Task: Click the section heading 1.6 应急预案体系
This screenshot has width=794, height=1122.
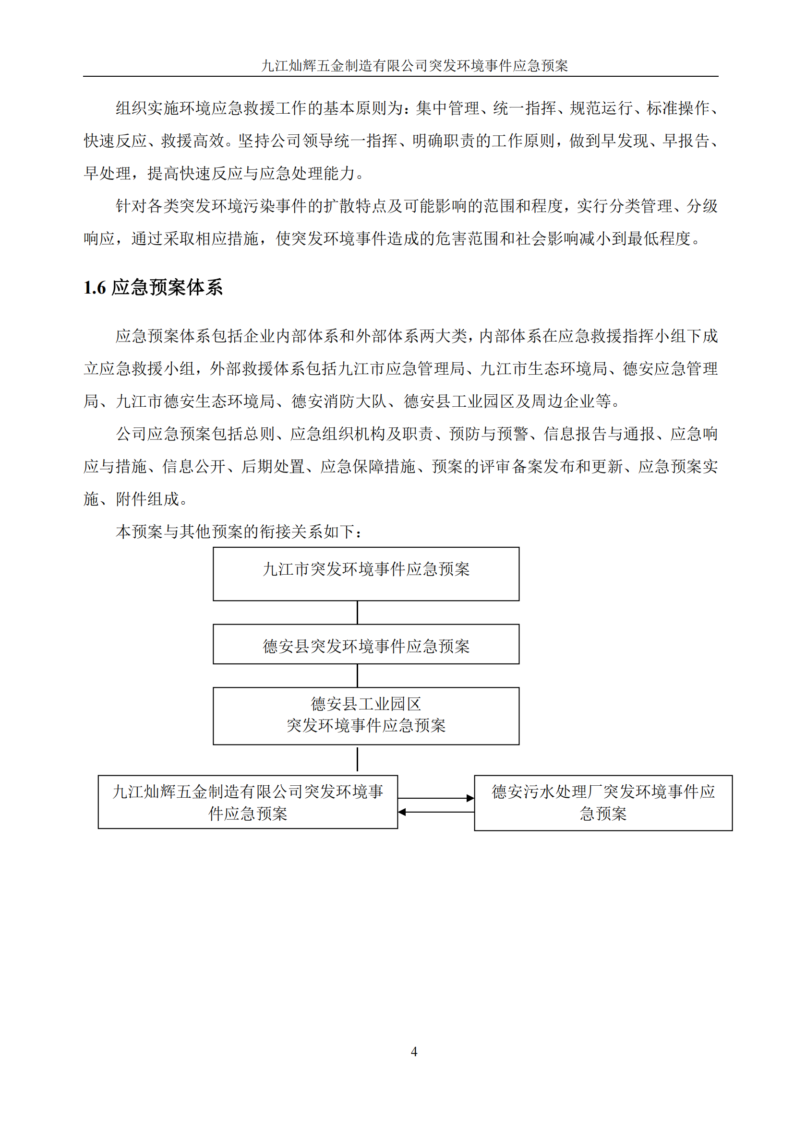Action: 153,287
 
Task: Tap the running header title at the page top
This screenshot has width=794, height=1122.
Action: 414,66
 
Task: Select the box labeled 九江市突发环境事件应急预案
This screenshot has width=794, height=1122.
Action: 366,573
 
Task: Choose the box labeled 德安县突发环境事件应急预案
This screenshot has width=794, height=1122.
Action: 366,644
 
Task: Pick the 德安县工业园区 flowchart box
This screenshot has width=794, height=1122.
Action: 366,715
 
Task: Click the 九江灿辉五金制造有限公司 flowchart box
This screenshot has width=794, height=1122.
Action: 247,802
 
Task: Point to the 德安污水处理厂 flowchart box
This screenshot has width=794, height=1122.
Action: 603,803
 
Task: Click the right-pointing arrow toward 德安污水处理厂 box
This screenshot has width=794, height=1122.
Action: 436,798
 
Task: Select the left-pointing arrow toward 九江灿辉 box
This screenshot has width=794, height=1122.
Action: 436,812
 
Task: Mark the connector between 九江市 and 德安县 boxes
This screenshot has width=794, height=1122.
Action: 358,612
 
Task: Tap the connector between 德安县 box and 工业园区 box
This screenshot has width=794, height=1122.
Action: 358,675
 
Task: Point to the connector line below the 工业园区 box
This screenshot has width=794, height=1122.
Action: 358,759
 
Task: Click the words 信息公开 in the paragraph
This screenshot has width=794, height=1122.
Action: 193,467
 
